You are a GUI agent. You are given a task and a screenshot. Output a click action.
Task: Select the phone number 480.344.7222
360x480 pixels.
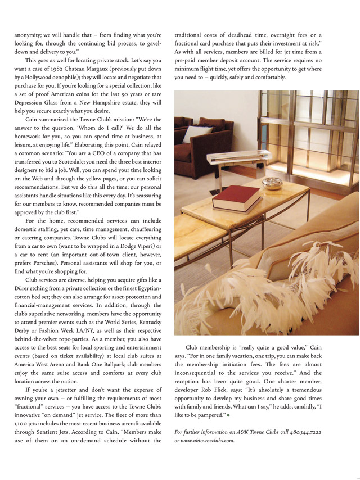pyautogui.click(x=308, y=432)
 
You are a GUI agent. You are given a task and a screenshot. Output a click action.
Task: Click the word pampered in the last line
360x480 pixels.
pyautogui.click(x=214, y=415)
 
